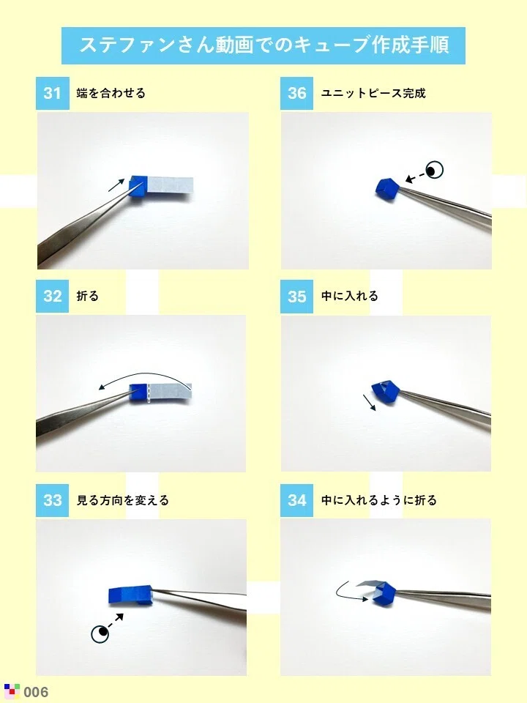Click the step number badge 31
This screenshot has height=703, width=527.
point(53,93)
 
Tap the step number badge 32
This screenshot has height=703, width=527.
point(53,296)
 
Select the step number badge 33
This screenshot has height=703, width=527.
point(53,500)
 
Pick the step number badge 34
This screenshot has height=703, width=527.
point(296,500)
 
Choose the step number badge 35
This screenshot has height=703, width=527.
point(296,297)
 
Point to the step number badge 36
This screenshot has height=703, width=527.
point(296,93)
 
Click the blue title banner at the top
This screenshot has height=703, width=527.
point(263,45)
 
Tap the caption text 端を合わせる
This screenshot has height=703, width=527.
point(111,93)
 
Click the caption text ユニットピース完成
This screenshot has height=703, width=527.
point(373,93)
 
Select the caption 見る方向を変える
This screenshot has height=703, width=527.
point(123,500)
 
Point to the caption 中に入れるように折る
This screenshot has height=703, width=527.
point(378,500)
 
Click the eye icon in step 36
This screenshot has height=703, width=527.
point(434,170)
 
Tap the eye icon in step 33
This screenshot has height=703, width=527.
point(100,633)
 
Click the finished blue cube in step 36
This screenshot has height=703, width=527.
point(386,189)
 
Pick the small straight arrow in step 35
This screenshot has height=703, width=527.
point(369,402)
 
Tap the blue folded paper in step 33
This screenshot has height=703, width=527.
point(131,595)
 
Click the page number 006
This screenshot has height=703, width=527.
point(36,692)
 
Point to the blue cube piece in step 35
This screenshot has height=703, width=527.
point(386,392)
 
